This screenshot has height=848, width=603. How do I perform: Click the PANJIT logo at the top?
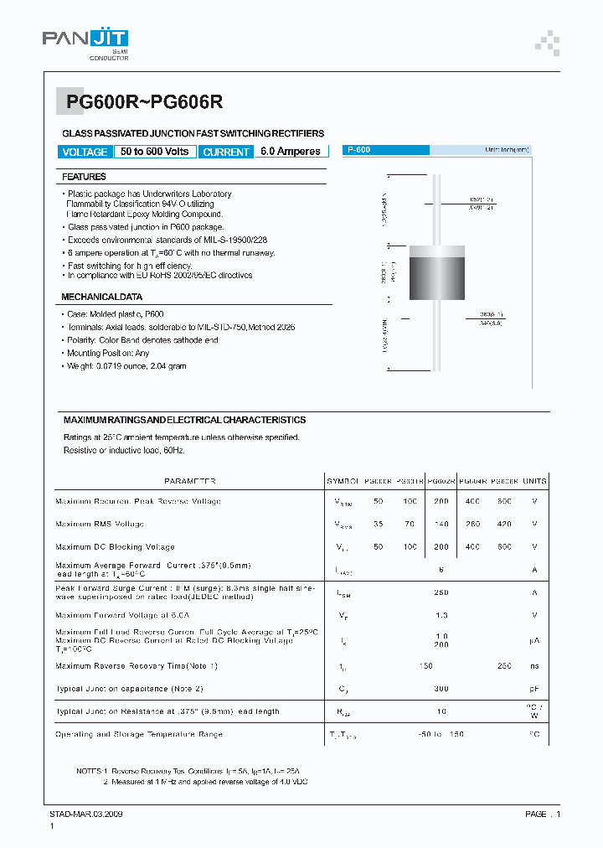click(85, 39)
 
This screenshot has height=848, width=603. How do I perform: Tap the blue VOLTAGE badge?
click(85, 152)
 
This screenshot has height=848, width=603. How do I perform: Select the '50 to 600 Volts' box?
click(155, 152)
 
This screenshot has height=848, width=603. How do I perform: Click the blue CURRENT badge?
click(226, 152)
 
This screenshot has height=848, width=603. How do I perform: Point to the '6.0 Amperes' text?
click(291, 152)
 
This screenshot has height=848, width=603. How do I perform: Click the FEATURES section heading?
click(84, 177)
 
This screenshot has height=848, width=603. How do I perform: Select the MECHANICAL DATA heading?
click(101, 297)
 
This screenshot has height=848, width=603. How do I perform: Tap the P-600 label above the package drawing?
click(360, 150)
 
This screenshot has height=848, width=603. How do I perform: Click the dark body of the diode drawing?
click(435, 277)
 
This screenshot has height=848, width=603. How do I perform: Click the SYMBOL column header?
click(343, 481)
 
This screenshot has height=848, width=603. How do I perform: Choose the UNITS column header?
click(534, 481)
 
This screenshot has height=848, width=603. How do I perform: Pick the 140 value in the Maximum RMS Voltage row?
click(441, 524)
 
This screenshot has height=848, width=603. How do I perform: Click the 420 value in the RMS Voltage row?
click(504, 524)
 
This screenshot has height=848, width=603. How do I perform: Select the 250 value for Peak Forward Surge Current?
click(441, 592)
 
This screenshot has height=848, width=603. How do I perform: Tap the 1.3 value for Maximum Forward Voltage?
click(441, 614)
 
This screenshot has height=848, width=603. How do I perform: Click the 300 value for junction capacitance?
click(441, 688)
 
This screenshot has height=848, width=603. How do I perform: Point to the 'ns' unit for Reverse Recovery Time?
click(534, 665)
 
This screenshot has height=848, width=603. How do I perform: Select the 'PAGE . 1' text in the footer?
click(543, 814)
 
